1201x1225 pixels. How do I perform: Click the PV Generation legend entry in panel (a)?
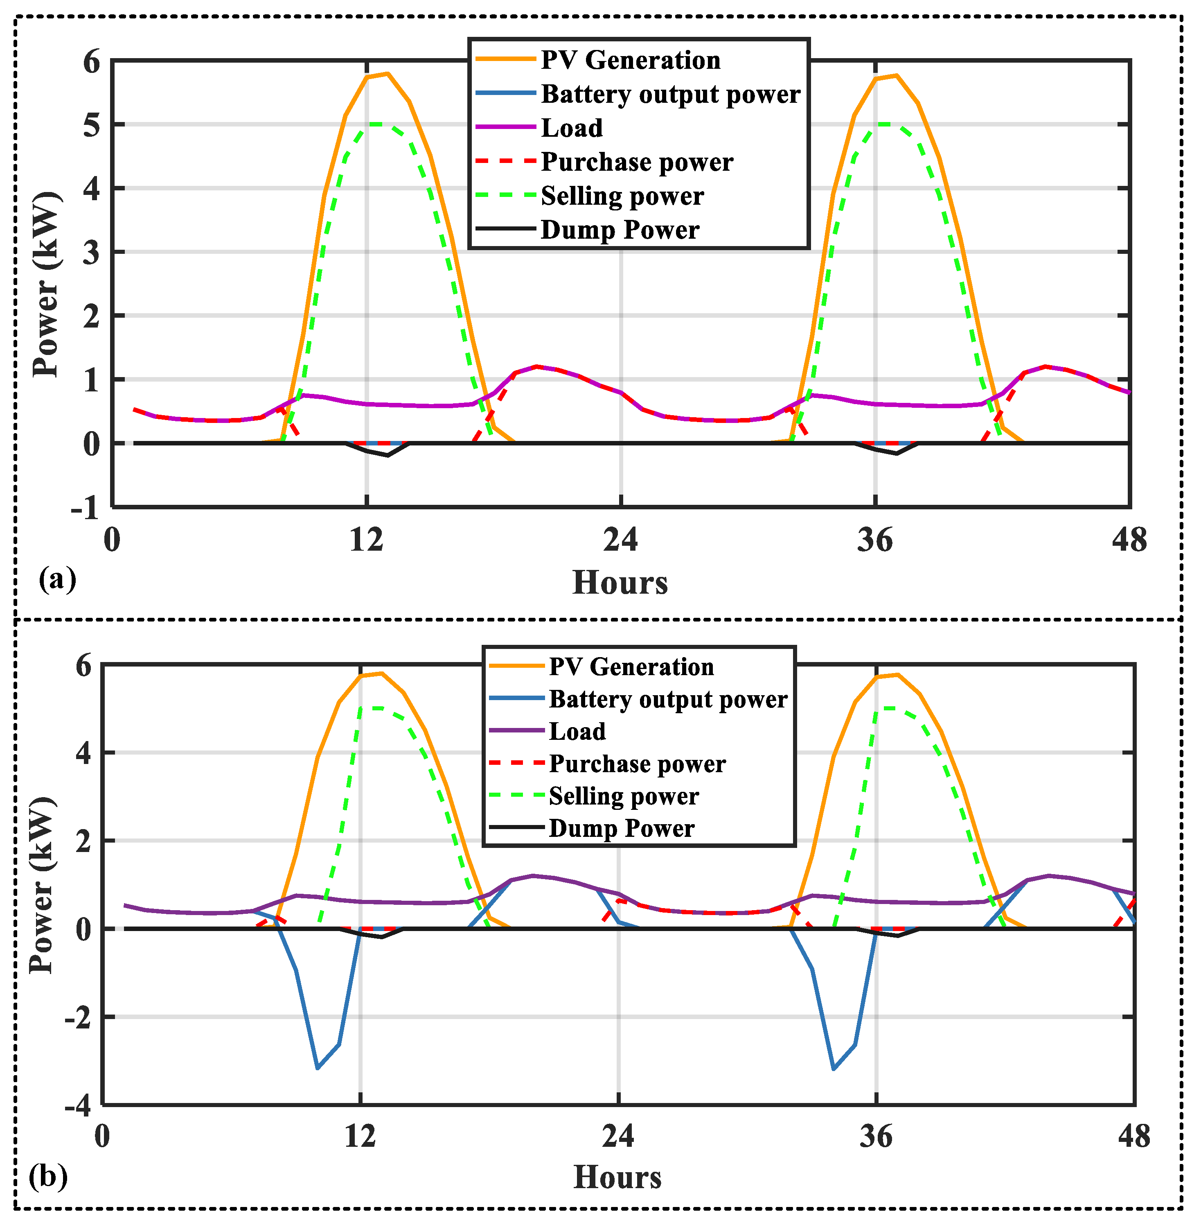(629, 60)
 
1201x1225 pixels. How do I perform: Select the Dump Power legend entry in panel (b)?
(621, 828)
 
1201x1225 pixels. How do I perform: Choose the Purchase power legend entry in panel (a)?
(636, 162)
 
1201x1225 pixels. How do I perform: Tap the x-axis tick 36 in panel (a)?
(875, 540)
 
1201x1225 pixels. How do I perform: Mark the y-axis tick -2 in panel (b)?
(78, 1018)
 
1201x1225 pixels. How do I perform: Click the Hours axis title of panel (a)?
(620, 582)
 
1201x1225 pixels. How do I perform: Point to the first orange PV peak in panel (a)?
(387, 74)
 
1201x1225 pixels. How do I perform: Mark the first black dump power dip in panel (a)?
(387, 455)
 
